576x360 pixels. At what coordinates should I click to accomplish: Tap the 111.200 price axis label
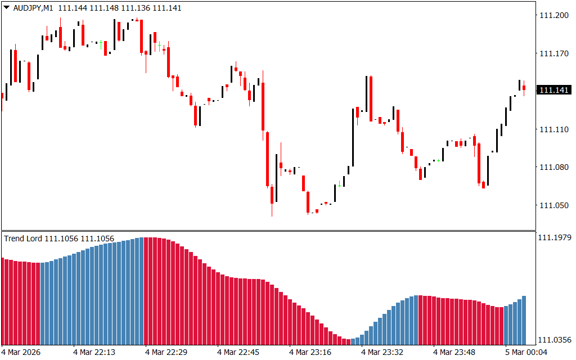coord(553,16)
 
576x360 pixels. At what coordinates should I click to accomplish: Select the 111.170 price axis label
coord(553,54)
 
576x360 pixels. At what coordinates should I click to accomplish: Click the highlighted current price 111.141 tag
coord(554,91)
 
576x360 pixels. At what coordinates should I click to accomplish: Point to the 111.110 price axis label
coord(553,129)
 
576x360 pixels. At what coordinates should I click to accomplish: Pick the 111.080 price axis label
coord(553,167)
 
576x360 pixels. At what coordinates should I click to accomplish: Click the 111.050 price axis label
coord(553,205)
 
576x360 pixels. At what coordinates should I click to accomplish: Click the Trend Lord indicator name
coord(23,238)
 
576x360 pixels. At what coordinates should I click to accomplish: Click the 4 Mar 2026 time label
coord(21,352)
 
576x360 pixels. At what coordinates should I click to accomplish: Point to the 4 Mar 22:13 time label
coord(94,352)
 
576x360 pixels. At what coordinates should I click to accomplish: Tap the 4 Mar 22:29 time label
coord(166,352)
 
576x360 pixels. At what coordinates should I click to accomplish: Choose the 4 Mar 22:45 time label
coord(238,352)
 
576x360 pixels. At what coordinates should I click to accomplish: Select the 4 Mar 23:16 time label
coord(310,352)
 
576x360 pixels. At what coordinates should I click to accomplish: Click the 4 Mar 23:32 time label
coord(382,352)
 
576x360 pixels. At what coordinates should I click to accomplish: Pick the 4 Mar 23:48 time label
coord(454,352)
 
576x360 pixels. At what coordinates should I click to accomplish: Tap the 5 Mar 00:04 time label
coord(526,352)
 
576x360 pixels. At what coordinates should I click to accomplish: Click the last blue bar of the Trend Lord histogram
coord(524,321)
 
